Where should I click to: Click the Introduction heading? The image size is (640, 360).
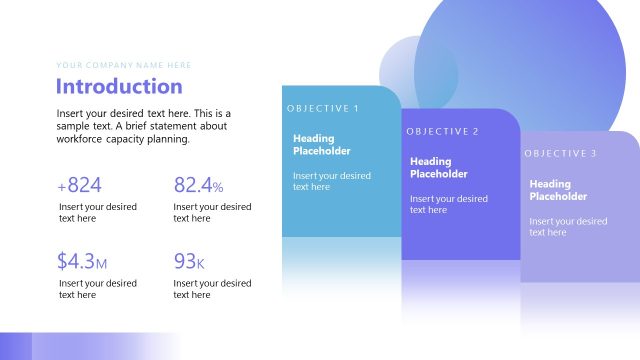point(119,86)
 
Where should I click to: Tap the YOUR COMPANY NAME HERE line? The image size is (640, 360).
point(124,65)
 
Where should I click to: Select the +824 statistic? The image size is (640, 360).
point(80,185)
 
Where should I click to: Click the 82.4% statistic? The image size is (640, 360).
point(198,185)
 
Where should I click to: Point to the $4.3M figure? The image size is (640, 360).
point(82,262)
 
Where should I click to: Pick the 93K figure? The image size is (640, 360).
point(189,262)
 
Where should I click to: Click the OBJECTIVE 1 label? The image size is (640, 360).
point(322,108)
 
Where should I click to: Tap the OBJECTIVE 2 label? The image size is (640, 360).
point(443,132)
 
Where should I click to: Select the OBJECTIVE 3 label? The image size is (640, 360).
point(560,154)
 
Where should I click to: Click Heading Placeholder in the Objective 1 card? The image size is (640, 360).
point(322,145)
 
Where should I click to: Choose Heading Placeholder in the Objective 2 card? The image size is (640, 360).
point(439,168)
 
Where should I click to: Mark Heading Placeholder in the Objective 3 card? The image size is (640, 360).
point(557,190)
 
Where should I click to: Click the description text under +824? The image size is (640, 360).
point(97,212)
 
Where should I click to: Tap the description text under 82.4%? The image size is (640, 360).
point(212,212)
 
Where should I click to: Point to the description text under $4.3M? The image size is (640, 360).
point(97,289)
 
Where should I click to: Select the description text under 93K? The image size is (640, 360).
point(212,289)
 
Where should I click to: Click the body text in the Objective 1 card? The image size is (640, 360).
point(331,181)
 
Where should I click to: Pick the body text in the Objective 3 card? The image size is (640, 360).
point(568,227)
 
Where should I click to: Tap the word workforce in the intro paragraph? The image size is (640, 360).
point(82,139)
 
